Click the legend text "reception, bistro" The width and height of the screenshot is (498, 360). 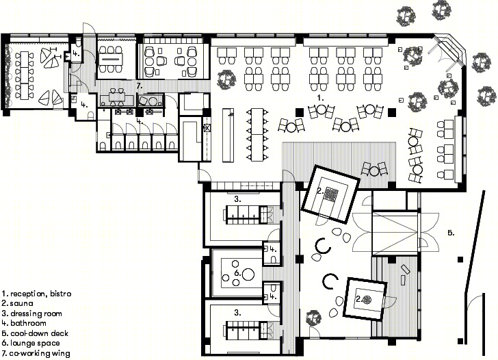(40, 294)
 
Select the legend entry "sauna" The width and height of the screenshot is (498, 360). (21, 303)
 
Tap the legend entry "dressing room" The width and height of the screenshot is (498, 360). (36, 313)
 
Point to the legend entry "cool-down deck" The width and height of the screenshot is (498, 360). (40, 333)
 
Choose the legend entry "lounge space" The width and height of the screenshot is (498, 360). (35, 343)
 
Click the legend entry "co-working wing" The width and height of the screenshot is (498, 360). (40, 353)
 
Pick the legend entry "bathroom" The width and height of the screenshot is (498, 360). (28, 323)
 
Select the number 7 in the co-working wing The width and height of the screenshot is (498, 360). (139, 86)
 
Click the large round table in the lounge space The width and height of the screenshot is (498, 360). (248, 274)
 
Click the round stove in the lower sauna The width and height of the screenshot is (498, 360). (367, 299)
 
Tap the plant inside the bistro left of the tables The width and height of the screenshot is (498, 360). (227, 80)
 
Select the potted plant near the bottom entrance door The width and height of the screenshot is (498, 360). (314, 318)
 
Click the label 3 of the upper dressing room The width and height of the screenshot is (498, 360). (237, 199)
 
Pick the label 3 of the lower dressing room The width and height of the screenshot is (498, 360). (237, 313)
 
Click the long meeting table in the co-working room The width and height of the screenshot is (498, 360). (110, 59)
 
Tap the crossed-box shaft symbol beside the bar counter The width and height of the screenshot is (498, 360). (207, 129)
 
